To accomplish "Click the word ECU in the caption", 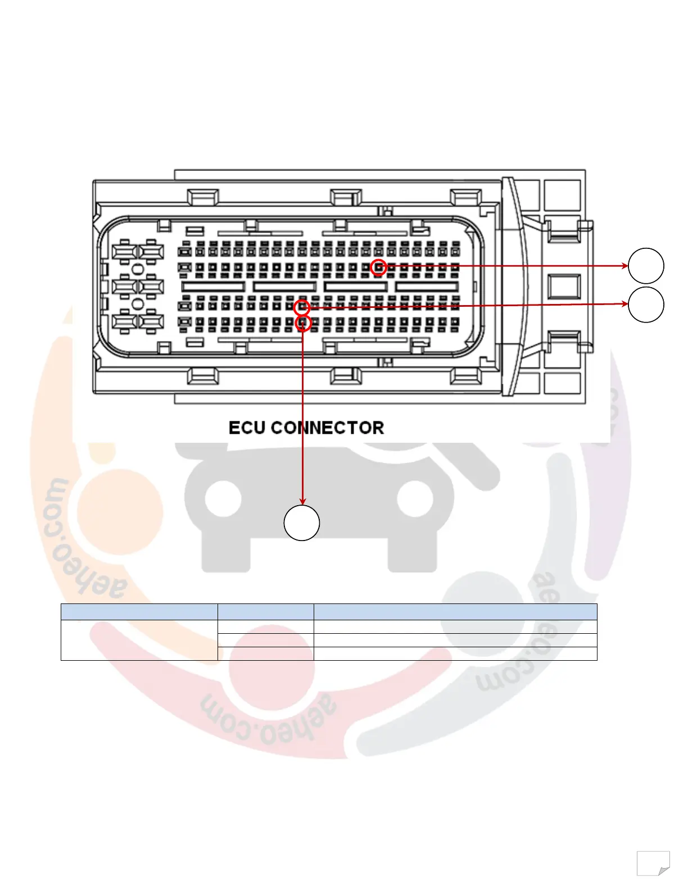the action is tap(247, 428).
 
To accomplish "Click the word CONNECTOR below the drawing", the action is tap(328, 428).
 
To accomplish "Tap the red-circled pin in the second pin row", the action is tap(379, 267).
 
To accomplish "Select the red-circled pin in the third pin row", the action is tap(302, 307).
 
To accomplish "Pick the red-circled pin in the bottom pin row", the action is tap(303, 323).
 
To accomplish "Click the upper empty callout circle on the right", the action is tap(646, 266).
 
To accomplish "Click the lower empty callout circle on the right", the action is tap(646, 305).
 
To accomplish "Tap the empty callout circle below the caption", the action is tap(302, 523).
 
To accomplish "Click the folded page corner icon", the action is tap(653, 863).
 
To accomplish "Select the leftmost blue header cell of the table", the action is tap(139, 612).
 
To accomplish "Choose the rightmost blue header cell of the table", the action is tap(455, 612).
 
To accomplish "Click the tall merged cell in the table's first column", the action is tap(139, 640).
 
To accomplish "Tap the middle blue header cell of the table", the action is tap(265, 612).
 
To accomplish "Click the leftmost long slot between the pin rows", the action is tap(214, 287).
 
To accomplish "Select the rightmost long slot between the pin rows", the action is tap(427, 287).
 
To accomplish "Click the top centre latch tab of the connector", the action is tap(346, 197).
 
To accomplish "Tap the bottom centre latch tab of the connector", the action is tap(346, 375).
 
